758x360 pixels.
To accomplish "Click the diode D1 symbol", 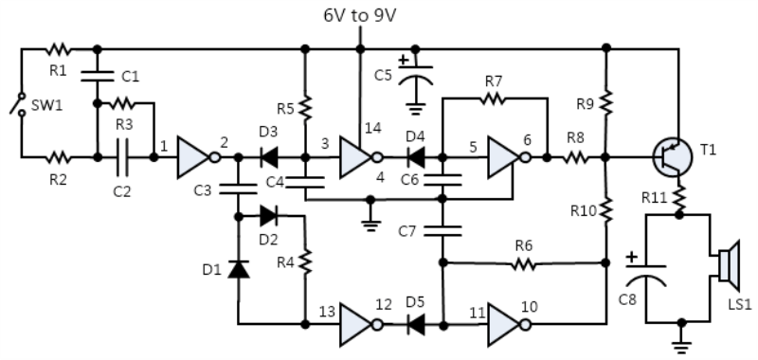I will click(x=238, y=270).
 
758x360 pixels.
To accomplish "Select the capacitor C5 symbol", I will click(x=413, y=75).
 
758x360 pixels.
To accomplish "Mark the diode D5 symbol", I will click(x=415, y=324).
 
